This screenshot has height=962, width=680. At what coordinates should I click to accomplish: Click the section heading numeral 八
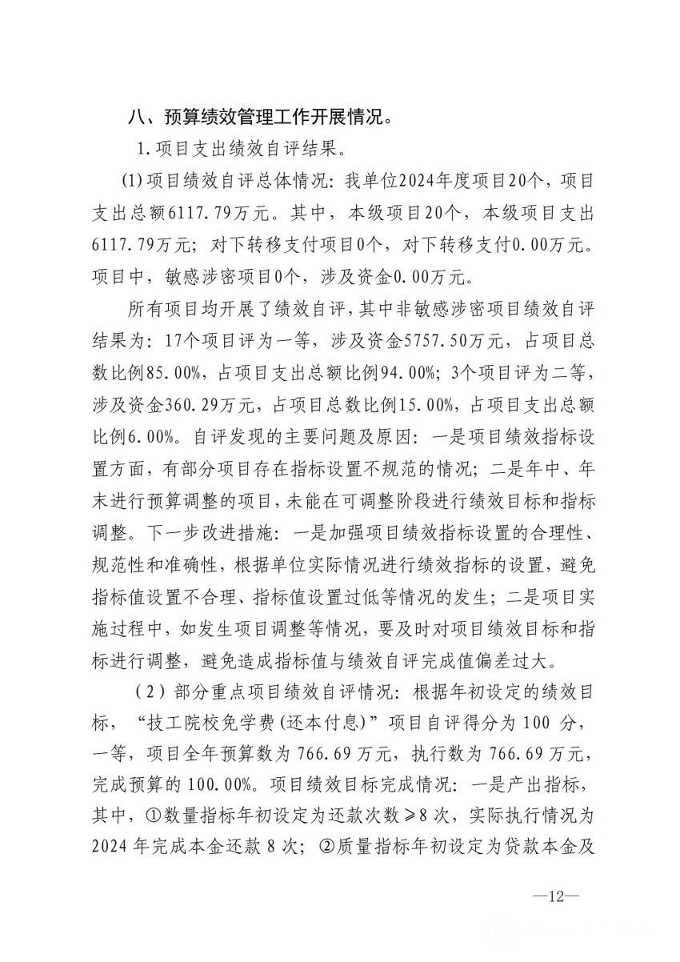[136, 118]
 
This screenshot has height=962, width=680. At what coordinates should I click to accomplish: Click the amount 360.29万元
[196, 395]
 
